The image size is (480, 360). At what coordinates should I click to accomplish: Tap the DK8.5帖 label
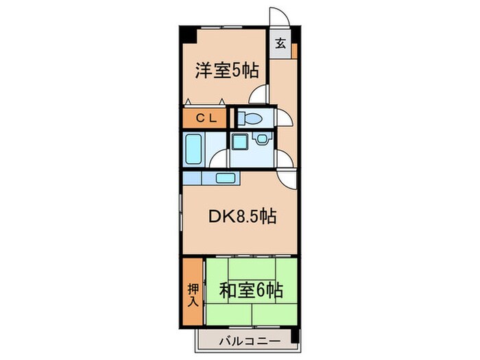pyautogui.click(x=242, y=217)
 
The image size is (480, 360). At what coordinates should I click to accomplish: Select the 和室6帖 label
pyautogui.click(x=252, y=291)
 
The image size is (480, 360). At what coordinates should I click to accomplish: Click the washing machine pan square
pyautogui.click(x=239, y=143)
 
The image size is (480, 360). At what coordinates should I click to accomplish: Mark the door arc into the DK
pyautogui.click(x=288, y=178)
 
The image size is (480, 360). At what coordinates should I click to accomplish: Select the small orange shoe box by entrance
pyautogui.click(x=293, y=50)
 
